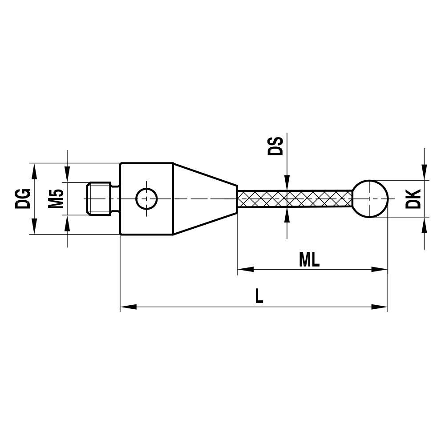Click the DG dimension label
tap(23, 198)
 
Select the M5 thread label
tap(56, 198)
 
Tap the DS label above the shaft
tap(275, 146)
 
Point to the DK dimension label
tap(413, 199)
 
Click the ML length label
tap(309, 260)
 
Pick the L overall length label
tap(259, 296)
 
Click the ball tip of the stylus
tap(370, 198)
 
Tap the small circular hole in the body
tap(146, 198)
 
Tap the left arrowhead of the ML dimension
tap(245, 269)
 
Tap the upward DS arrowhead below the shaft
tap(287, 215)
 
